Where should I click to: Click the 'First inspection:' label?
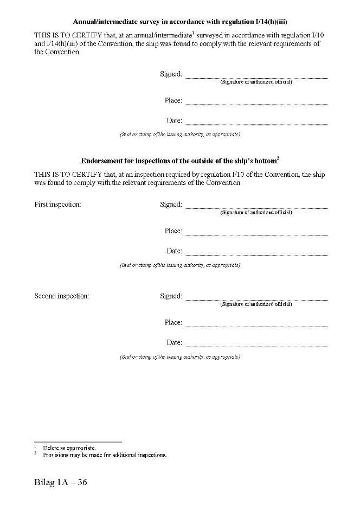coord(57,205)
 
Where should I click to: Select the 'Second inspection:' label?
coord(61,296)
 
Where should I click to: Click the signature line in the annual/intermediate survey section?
coord(256,77)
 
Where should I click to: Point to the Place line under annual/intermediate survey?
coord(256,104)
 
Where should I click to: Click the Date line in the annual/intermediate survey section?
coord(256,124)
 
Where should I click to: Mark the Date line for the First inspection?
coord(256,254)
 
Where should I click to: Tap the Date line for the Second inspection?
coord(256,346)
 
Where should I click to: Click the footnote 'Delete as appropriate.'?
coord(69,448)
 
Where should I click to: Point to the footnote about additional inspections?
coord(105,455)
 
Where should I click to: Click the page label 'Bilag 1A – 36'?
coord(60,483)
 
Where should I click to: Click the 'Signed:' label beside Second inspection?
coord(171,296)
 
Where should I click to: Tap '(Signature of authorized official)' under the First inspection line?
coord(256,213)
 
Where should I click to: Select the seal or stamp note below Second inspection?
coord(180,357)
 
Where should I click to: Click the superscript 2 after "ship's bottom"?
coord(278,158)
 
